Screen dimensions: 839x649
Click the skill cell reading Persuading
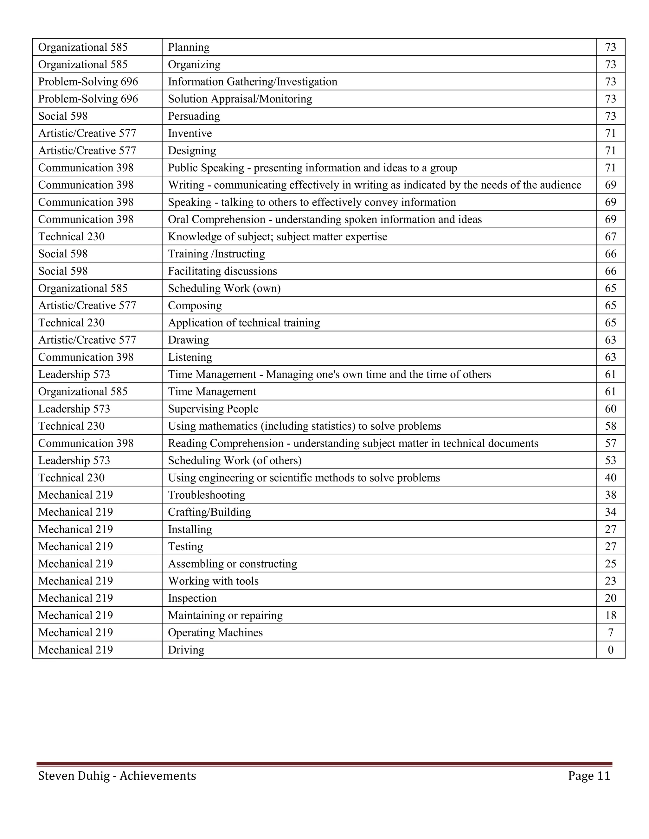pos(194,116)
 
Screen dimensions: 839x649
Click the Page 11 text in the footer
pos(589,776)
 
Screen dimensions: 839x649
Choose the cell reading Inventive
pos(190,133)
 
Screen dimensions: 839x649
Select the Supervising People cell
pos(213,409)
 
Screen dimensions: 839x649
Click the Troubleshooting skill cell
pos(207,495)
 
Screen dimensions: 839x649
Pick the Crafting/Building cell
pos(209,512)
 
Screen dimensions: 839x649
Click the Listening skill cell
pos(190,357)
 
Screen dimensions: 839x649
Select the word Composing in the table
pos(195,306)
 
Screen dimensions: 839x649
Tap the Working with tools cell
pos(213,581)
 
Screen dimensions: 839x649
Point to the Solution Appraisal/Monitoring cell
pos(240,99)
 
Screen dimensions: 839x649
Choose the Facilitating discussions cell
pos(222,271)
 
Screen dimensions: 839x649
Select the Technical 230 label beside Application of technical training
pos(72,323)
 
